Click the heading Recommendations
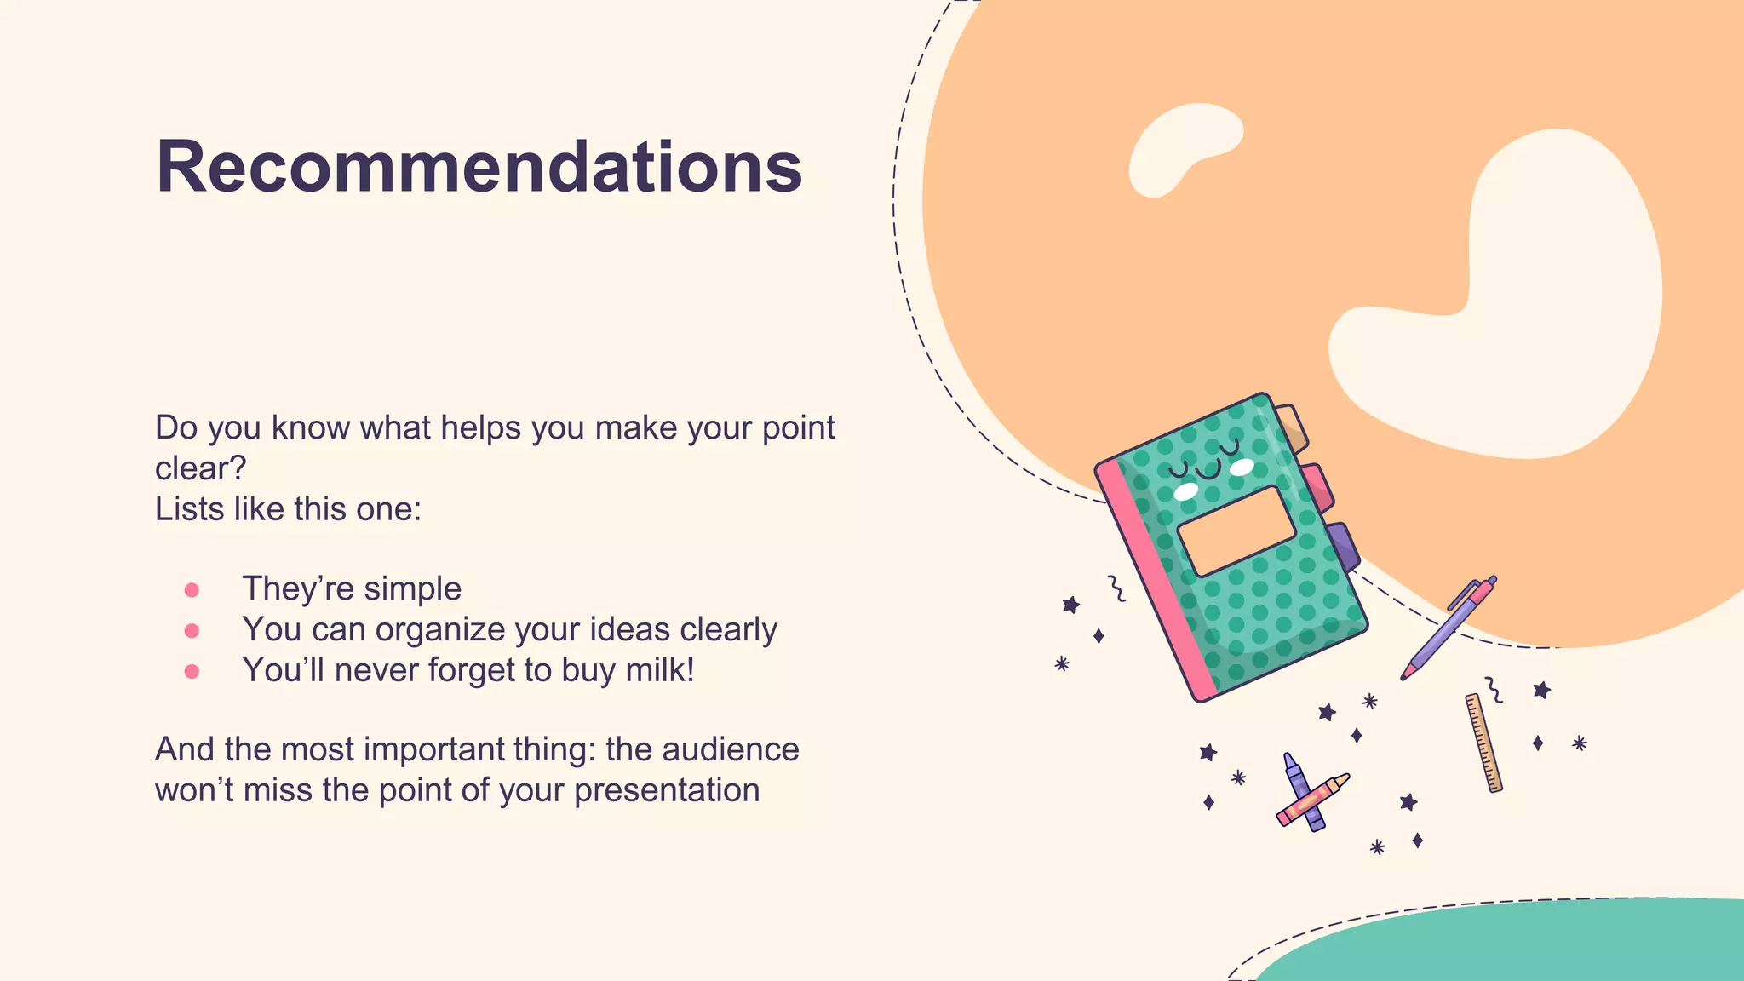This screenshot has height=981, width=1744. (x=479, y=167)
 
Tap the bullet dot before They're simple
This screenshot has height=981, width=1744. (x=192, y=590)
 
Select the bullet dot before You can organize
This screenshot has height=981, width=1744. (x=192, y=631)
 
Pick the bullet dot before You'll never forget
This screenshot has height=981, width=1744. (x=192, y=672)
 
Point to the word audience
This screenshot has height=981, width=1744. (x=731, y=749)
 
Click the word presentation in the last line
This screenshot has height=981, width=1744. (x=667, y=790)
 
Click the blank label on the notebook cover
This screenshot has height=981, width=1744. (x=1236, y=531)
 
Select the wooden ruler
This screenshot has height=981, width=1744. (x=1483, y=743)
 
